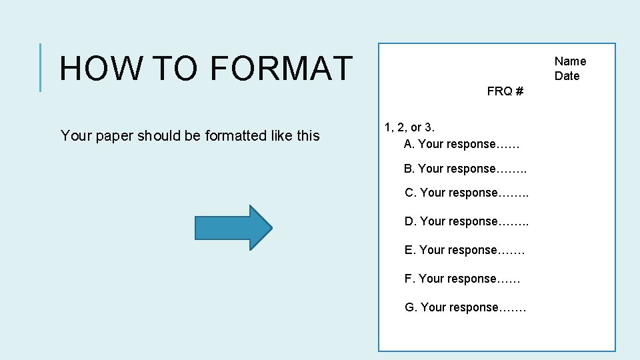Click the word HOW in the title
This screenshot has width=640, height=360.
click(x=101, y=68)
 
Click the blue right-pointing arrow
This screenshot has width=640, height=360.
click(x=233, y=227)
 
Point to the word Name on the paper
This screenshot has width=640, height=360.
click(x=570, y=61)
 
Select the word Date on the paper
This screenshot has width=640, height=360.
click(x=567, y=76)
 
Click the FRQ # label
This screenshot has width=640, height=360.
click(x=505, y=91)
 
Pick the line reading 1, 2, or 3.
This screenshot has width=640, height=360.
click(x=409, y=127)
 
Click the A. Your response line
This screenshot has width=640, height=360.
click(x=461, y=144)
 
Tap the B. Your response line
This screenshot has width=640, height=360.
click(x=465, y=169)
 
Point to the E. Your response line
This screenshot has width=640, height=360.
click(x=465, y=250)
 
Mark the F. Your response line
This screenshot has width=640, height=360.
click(x=462, y=279)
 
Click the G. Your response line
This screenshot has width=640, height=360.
click(x=465, y=307)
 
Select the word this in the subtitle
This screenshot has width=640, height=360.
click(x=308, y=136)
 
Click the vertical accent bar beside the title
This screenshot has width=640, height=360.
click(x=41, y=67)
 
